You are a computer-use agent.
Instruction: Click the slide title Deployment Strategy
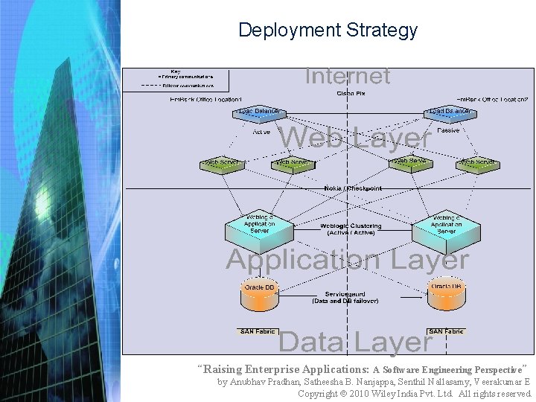[328, 31]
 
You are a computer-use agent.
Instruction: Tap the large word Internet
[347, 76]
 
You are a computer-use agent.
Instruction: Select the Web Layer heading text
[355, 138]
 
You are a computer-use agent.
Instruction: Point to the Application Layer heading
[347, 260]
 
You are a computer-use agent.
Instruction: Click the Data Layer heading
[354, 342]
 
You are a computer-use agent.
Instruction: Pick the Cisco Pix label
[350, 93]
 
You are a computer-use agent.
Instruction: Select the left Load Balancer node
[259, 112]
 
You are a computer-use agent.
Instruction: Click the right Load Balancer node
[449, 112]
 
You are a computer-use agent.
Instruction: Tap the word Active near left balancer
[261, 133]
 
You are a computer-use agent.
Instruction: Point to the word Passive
[448, 131]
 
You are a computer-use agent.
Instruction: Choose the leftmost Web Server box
[222, 163]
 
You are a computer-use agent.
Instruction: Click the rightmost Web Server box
[477, 163]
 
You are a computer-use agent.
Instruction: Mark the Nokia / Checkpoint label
[353, 189]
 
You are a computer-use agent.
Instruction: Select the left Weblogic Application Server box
[259, 225]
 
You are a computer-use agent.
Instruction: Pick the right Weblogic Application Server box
[447, 225]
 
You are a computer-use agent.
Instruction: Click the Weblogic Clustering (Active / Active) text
[351, 229]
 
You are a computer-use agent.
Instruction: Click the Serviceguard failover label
[344, 298]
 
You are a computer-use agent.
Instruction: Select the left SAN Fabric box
[258, 331]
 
